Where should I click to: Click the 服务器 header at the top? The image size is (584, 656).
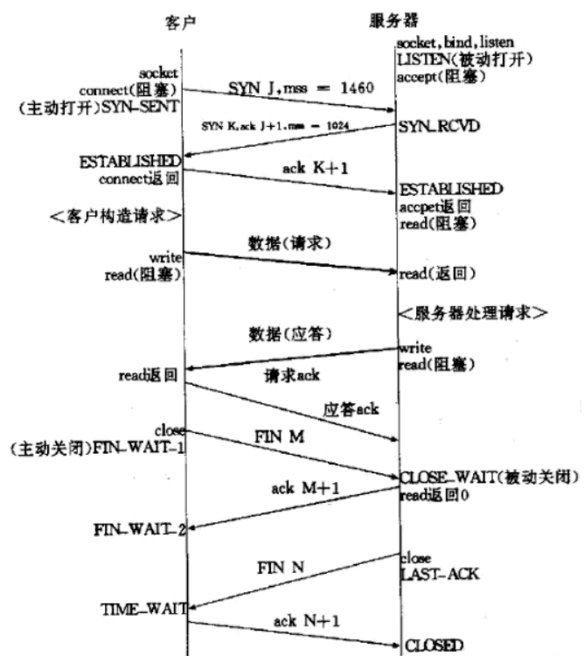point(385,19)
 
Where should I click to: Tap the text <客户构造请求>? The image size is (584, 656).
point(116,214)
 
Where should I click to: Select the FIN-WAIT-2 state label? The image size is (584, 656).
point(139,529)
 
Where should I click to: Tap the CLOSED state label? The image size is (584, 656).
point(434,646)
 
